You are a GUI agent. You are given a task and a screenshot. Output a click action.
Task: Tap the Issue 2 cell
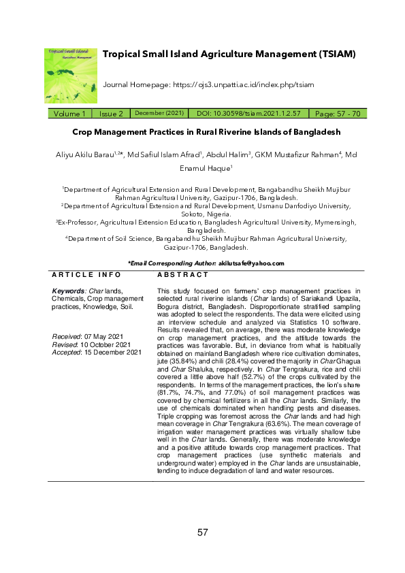[x=110, y=114]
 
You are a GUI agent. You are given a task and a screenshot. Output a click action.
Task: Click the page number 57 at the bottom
[x=202, y=532]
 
